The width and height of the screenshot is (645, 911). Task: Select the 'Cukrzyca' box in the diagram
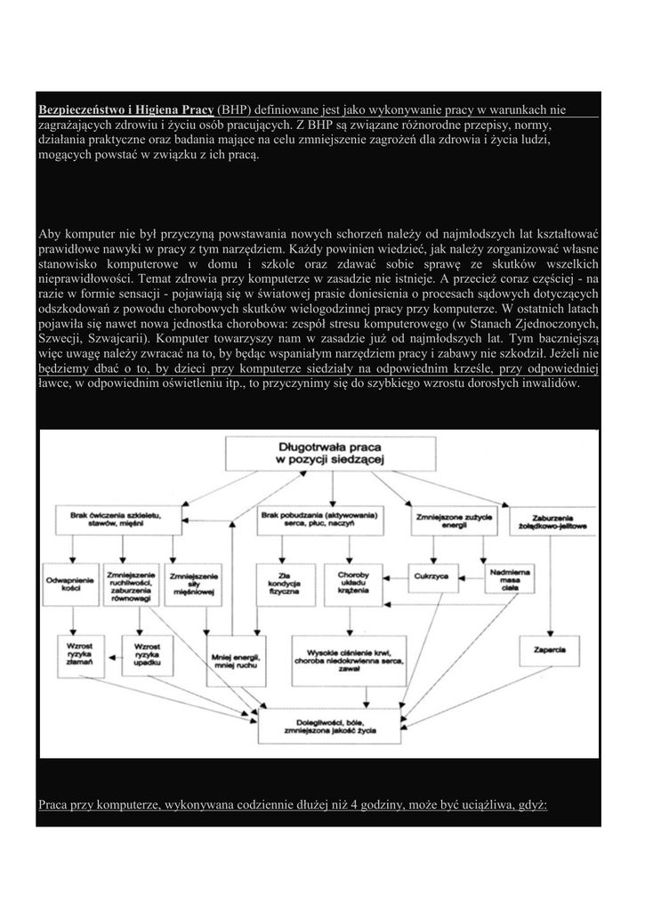pyautogui.click(x=430, y=576)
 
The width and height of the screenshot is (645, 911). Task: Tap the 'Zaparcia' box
pyautogui.click(x=551, y=649)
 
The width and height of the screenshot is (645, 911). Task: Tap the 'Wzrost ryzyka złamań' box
pyautogui.click(x=78, y=654)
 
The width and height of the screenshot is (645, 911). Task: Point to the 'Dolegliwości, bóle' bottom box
pyautogui.click(x=328, y=722)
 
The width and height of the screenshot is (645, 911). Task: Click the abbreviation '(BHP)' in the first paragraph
pyautogui.click(x=235, y=109)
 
